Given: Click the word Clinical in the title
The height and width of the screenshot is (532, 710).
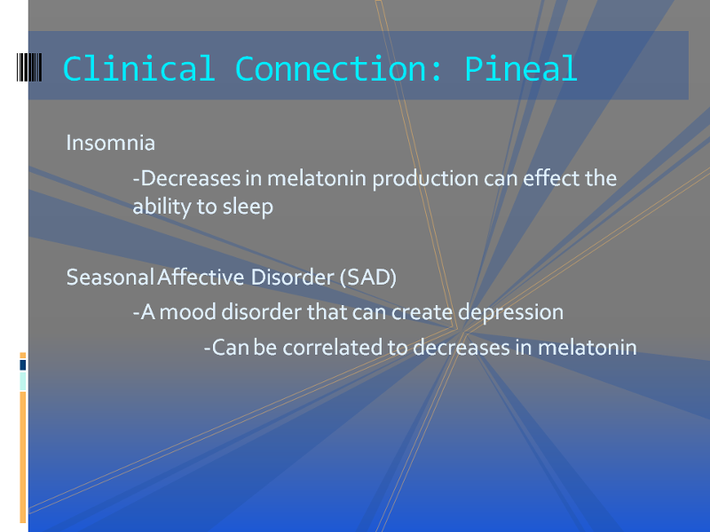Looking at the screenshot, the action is (x=138, y=69).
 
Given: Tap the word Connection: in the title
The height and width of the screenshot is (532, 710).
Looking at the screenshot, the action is (x=338, y=69).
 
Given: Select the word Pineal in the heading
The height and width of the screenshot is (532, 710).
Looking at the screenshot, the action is (x=521, y=69).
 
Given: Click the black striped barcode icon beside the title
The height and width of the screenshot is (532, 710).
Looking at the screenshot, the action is (x=29, y=67).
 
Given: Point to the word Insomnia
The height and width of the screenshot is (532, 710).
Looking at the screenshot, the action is (x=111, y=143).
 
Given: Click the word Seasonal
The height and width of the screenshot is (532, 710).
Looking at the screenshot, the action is (x=110, y=278).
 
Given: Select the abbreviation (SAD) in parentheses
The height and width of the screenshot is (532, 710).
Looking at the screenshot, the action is (x=368, y=278).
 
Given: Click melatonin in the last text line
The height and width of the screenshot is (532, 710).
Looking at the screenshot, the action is (x=587, y=348).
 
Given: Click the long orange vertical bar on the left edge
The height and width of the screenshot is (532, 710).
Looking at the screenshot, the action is (x=23, y=457).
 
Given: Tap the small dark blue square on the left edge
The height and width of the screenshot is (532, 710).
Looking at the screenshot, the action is (x=23, y=365).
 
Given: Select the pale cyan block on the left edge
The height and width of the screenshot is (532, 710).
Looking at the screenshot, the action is (x=23, y=381).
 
